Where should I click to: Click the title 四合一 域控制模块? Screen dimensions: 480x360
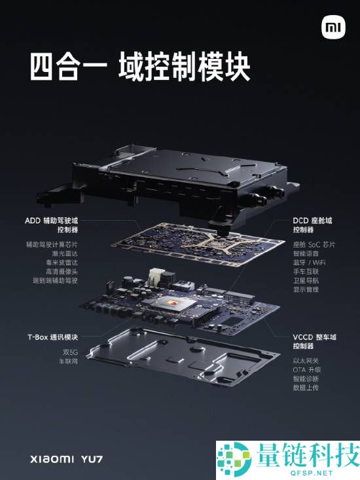click(x=139, y=68)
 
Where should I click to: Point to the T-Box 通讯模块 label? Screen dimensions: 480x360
click(x=52, y=337)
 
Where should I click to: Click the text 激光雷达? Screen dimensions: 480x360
click(x=64, y=253)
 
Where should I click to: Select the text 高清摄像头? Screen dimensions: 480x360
click(x=61, y=271)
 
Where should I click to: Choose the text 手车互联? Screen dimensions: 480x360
click(x=306, y=271)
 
